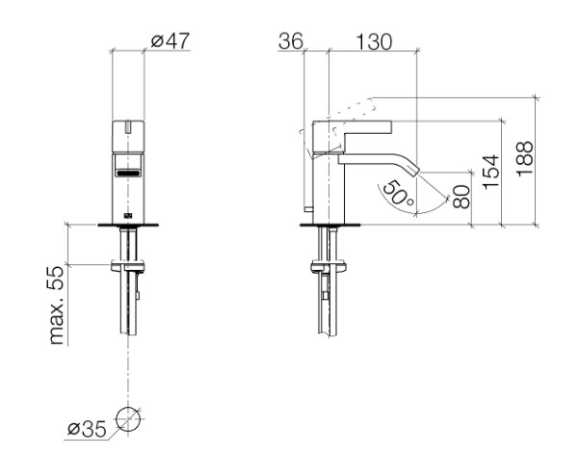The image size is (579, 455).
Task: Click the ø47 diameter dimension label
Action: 171,40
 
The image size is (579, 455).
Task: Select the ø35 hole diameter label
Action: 87,429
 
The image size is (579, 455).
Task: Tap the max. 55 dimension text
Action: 57,305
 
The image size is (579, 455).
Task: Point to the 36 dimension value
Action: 291,41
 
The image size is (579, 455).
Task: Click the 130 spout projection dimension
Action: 374,41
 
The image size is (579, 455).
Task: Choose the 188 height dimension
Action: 525,158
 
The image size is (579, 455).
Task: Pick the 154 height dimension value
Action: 491,173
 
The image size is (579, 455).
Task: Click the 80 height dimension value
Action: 461,197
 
